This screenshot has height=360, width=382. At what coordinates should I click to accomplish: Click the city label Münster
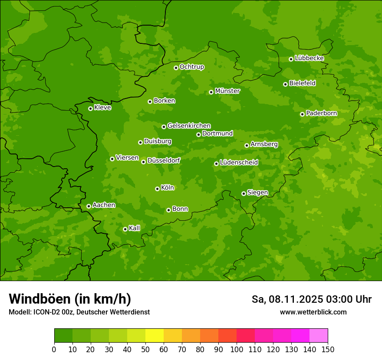[x=227, y=91]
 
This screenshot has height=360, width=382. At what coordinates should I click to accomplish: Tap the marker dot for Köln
[x=157, y=189]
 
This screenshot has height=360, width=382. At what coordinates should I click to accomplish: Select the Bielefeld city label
[x=303, y=83]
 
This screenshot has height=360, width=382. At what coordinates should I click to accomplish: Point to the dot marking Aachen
[x=89, y=206]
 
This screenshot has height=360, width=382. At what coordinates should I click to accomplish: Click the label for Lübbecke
[x=309, y=58]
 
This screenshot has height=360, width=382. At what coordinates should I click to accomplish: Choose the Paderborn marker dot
[x=302, y=114]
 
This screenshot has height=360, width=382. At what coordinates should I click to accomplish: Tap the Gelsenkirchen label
[x=189, y=126]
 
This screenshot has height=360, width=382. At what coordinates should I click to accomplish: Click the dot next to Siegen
[x=244, y=193]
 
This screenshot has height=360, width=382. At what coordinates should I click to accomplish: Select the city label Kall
[x=135, y=228]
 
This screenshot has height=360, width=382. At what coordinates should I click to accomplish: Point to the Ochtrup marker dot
[x=176, y=67]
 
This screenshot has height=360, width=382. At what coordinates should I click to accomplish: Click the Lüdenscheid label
[x=239, y=163]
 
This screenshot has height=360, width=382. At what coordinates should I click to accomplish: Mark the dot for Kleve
[x=90, y=108]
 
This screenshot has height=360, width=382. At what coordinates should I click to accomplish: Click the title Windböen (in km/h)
[x=70, y=299]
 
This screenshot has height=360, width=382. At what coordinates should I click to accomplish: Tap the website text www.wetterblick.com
[x=313, y=312]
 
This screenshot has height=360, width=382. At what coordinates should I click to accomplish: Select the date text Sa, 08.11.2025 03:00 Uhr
[x=311, y=299]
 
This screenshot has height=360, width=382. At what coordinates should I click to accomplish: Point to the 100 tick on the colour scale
[x=237, y=349]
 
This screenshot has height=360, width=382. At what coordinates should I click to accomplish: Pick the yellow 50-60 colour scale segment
[x=155, y=336]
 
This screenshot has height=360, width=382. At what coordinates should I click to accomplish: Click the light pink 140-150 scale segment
[x=319, y=336]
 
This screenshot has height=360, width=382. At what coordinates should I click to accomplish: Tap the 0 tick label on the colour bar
[x=54, y=349]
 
